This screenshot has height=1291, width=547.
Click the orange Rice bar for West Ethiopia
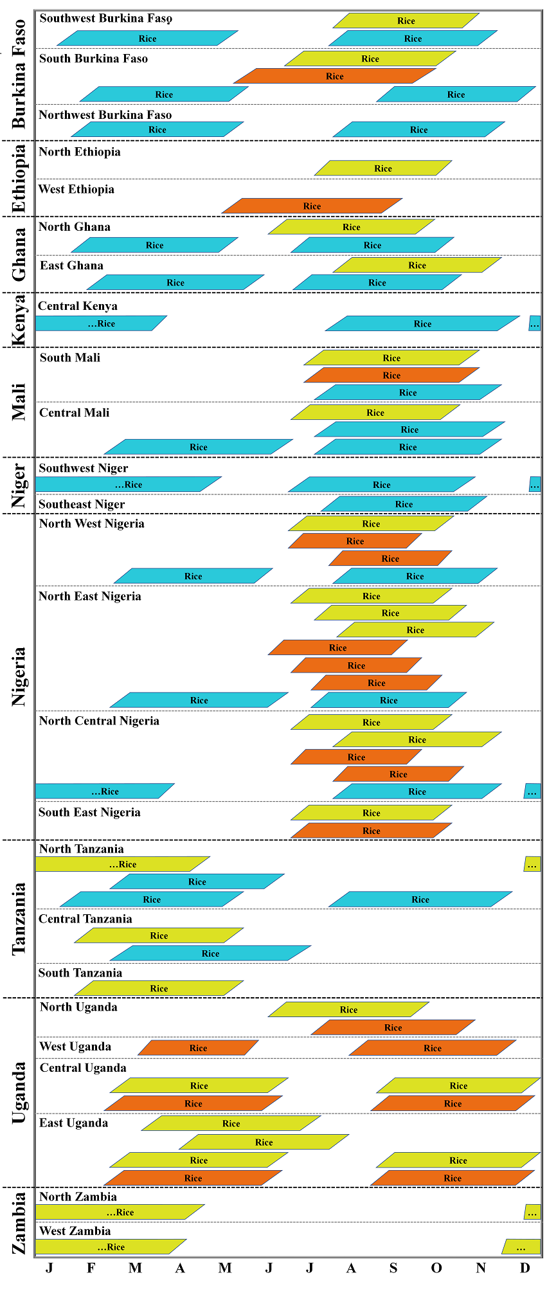click(x=312, y=206)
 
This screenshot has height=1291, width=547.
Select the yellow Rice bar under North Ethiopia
click(x=383, y=168)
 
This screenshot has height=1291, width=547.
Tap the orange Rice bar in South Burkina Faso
click(x=334, y=76)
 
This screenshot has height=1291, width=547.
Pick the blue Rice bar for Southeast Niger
click(x=404, y=504)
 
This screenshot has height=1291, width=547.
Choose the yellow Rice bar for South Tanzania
click(x=159, y=988)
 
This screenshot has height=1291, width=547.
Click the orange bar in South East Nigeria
click(x=371, y=831)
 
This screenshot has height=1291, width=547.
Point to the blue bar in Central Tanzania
click(x=210, y=953)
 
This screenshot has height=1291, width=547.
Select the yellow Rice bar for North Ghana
click(x=351, y=227)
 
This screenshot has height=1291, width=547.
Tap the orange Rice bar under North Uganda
click(x=393, y=1027)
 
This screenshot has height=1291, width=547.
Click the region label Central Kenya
click(x=78, y=306)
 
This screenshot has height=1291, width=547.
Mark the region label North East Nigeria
click(x=90, y=596)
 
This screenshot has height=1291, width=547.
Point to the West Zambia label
click(x=75, y=1231)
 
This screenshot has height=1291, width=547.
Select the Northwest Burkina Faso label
click(x=105, y=115)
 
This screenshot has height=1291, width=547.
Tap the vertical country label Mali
click(x=19, y=402)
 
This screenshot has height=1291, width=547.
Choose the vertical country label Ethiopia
click(x=19, y=178)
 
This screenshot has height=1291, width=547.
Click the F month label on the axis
click(x=91, y=1268)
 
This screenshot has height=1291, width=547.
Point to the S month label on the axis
click(x=393, y=1268)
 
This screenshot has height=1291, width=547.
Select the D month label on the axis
click(x=525, y=1268)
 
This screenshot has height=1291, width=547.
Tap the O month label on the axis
click(x=436, y=1268)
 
